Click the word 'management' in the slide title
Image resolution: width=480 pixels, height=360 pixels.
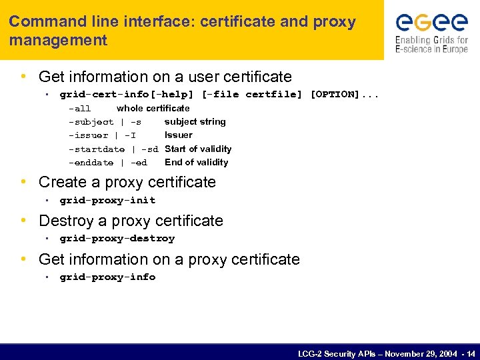(58, 40)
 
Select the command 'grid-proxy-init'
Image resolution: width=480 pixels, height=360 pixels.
(107, 201)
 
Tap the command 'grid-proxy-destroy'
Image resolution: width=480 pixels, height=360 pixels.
(117, 239)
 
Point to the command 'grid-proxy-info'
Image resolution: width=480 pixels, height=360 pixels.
(107, 277)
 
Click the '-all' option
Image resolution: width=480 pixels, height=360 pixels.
(80, 109)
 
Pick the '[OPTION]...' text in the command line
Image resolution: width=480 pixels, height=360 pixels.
(344, 95)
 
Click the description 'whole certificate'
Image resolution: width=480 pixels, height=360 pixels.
(153, 108)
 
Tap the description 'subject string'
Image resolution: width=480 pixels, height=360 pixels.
(195, 122)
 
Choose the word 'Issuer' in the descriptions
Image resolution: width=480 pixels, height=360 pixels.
(178, 135)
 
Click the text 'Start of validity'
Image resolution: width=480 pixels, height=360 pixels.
(198, 149)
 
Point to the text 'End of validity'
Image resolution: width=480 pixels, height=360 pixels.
(196, 163)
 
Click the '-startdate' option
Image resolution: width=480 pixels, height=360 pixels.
(97, 149)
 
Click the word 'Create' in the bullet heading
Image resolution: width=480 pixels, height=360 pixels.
(60, 182)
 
